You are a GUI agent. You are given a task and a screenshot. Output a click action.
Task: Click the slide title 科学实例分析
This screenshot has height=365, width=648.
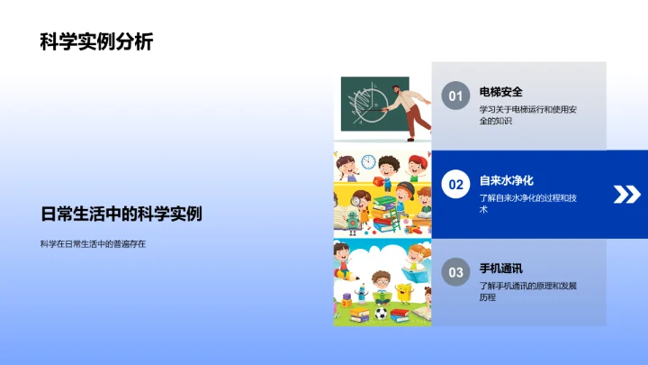tap(96, 42)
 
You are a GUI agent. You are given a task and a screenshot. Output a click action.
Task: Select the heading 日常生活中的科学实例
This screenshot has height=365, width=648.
tap(121, 214)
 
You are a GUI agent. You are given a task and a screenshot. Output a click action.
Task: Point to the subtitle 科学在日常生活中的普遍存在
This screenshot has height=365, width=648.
tap(93, 243)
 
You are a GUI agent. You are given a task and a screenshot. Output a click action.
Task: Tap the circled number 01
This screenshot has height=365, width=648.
tap(455, 96)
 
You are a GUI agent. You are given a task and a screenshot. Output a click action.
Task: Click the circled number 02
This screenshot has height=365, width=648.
tap(455, 185)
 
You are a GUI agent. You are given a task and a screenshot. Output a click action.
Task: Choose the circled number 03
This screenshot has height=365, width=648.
tap(455, 272)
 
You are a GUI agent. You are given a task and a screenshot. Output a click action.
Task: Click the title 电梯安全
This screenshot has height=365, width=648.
tap(501, 92)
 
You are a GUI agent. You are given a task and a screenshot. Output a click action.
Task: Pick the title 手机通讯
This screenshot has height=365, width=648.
tap(501, 269)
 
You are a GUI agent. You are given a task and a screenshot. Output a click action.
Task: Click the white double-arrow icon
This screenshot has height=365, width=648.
tap(625, 194)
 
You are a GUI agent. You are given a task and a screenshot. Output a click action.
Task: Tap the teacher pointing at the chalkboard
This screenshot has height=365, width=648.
tap(415, 105)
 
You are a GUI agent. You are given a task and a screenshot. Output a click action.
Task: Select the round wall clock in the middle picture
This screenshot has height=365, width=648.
tap(368, 163)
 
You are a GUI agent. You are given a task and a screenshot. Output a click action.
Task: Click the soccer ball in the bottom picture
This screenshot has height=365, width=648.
tap(382, 315)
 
